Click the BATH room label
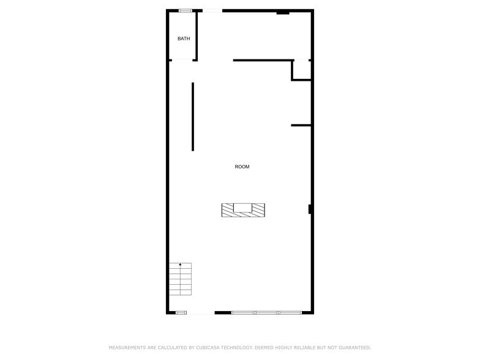[184, 39]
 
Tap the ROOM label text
[242, 167]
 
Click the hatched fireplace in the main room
[227, 210]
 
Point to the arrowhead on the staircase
[180, 264]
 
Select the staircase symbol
[180, 279]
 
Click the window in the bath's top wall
[185, 10]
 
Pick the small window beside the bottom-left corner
[181, 313]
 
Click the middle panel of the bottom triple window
[266, 313]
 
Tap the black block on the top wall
[283, 12]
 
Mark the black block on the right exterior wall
[310, 209]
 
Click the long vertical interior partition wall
[193, 116]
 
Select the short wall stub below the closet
[301, 126]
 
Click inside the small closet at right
[302, 70]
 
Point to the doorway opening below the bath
[182, 60]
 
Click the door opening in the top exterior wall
[212, 10]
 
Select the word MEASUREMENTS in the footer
[126, 347]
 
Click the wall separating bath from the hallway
[196, 36]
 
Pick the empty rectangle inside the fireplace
[243, 207]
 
